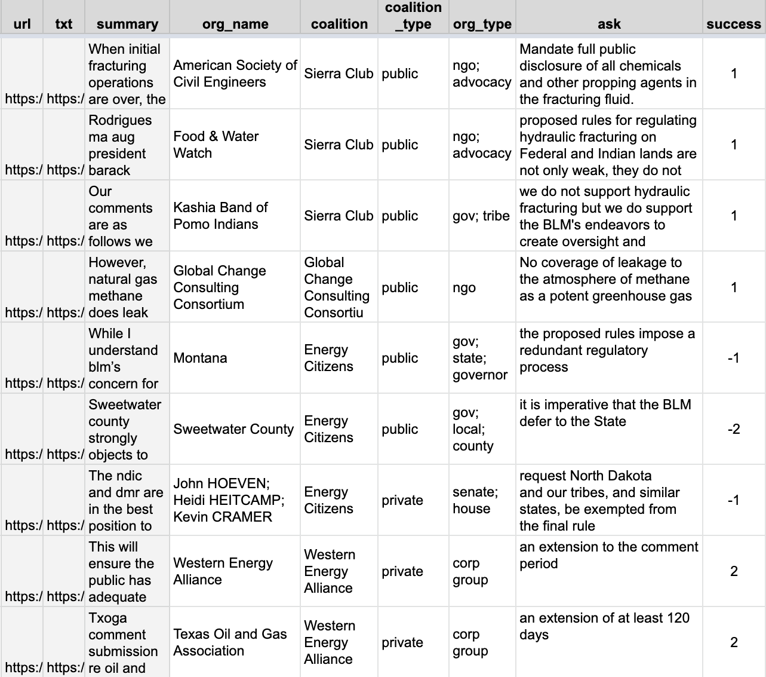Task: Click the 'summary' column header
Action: tap(127, 24)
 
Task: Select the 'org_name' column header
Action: tap(235, 24)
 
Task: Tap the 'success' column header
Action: tap(734, 24)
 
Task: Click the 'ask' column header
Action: tap(609, 24)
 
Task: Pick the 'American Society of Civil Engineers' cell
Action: tap(235, 73)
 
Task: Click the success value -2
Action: tap(734, 429)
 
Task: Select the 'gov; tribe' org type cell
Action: tap(481, 216)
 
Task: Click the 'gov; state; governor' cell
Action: tap(480, 358)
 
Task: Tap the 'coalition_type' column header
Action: tap(413, 16)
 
